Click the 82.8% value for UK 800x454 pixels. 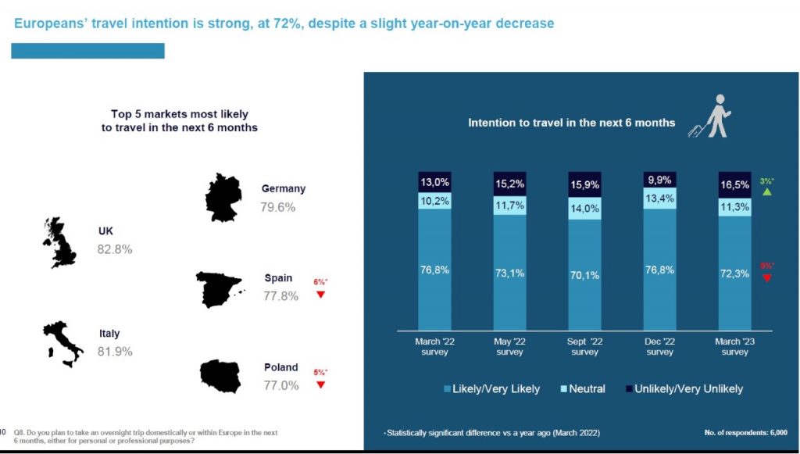click(x=115, y=250)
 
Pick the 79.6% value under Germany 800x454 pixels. click(x=278, y=208)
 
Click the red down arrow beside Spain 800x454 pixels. click(x=320, y=295)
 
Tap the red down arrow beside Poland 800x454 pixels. click(x=320, y=384)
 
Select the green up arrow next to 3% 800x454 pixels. click(x=766, y=192)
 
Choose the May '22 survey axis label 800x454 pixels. click(x=509, y=346)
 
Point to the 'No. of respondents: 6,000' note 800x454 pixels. click(x=744, y=432)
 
